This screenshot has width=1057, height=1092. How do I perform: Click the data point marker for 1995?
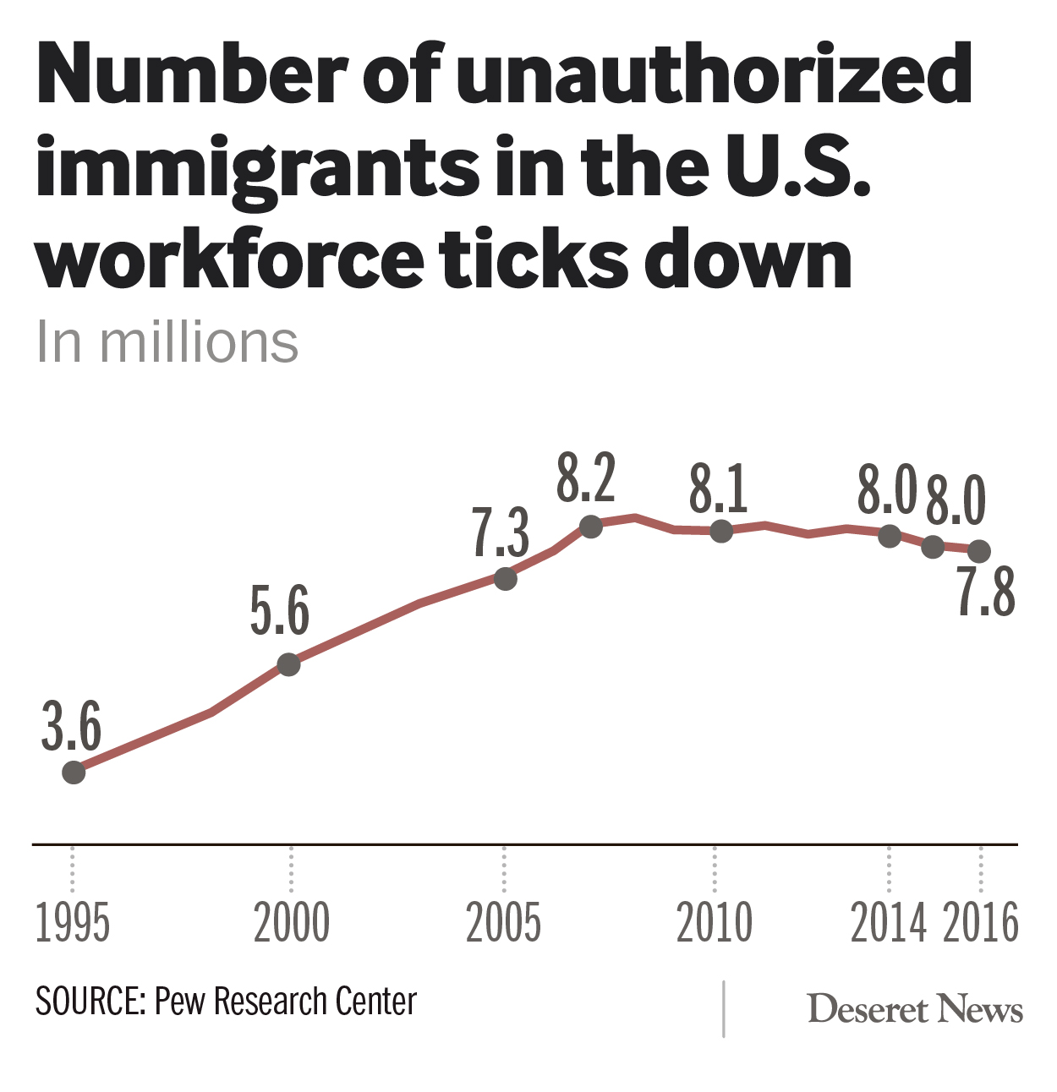pyautogui.click(x=74, y=772)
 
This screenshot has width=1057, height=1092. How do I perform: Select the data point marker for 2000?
pyautogui.click(x=289, y=664)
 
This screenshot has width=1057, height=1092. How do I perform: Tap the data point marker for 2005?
pyautogui.click(x=505, y=579)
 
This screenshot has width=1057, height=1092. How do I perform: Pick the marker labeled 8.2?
pyautogui.click(x=591, y=527)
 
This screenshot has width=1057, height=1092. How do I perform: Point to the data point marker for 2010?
pyautogui.click(x=721, y=531)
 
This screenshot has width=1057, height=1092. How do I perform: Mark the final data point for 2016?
pyautogui.click(x=979, y=551)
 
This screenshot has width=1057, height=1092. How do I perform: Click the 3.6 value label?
pyautogui.click(x=71, y=726)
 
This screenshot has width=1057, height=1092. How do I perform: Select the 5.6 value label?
pyautogui.click(x=279, y=611)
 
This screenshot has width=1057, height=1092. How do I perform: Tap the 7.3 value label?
pyautogui.click(x=501, y=532)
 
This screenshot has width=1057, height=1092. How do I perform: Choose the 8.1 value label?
pyautogui.click(x=718, y=489)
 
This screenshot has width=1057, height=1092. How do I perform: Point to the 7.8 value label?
pyautogui.click(x=986, y=592)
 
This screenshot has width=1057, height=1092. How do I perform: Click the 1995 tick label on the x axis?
pyautogui.click(x=73, y=922)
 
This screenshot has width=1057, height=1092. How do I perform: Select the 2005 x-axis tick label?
pyautogui.click(x=503, y=922)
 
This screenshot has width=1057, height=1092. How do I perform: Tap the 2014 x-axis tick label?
pyautogui.click(x=888, y=922)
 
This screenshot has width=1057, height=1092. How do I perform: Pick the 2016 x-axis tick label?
pyautogui.click(x=981, y=922)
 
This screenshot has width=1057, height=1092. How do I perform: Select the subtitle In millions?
pyautogui.click(x=167, y=342)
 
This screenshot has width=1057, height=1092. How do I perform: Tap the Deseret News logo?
pyautogui.click(x=915, y=1009)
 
